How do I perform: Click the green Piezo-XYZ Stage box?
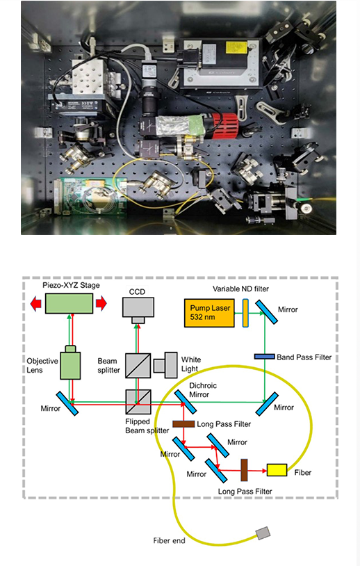point(69,303)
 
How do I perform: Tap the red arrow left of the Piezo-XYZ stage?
point(34,303)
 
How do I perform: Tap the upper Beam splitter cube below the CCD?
point(138,364)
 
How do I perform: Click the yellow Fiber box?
point(277,470)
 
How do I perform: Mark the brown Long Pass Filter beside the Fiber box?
point(245,470)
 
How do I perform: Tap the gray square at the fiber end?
point(263,533)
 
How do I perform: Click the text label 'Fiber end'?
point(169,540)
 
